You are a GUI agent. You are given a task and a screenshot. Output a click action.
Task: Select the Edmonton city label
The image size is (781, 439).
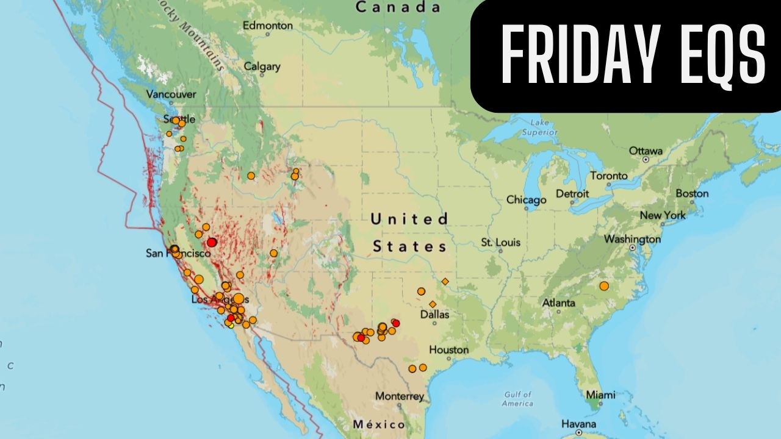pos(267,26)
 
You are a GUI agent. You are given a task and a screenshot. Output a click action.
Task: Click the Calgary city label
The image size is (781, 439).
pos(262,66)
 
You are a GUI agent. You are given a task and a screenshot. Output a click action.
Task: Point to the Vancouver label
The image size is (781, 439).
pos(171,95)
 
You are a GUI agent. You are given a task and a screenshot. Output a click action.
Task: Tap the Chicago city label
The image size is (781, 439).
pos(526,200)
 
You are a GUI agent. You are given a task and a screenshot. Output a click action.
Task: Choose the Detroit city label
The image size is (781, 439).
pos(572,194)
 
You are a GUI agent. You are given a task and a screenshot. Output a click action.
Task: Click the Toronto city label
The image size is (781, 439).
pos(608,176)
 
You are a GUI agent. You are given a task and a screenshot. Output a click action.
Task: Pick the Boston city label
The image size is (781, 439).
pos(692,193)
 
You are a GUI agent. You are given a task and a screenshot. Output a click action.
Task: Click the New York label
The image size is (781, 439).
pos(663,215)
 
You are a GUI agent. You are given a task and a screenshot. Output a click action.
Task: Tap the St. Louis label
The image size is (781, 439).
pos(500,242)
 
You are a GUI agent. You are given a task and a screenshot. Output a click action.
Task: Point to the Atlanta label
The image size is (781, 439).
pos(558,303)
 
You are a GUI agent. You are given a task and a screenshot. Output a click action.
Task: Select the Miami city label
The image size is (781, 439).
pos(600,394)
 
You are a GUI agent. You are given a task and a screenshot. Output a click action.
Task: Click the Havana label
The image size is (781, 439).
pos(578,424)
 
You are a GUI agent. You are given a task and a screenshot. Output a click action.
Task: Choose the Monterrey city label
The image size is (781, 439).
pos(400,396)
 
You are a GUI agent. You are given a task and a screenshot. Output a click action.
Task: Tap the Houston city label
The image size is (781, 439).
pos(448,350)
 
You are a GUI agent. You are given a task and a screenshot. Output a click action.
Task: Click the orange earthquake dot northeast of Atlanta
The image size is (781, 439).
pos(604,286)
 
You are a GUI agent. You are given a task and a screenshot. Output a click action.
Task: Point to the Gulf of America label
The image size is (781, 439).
pos(517,399)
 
